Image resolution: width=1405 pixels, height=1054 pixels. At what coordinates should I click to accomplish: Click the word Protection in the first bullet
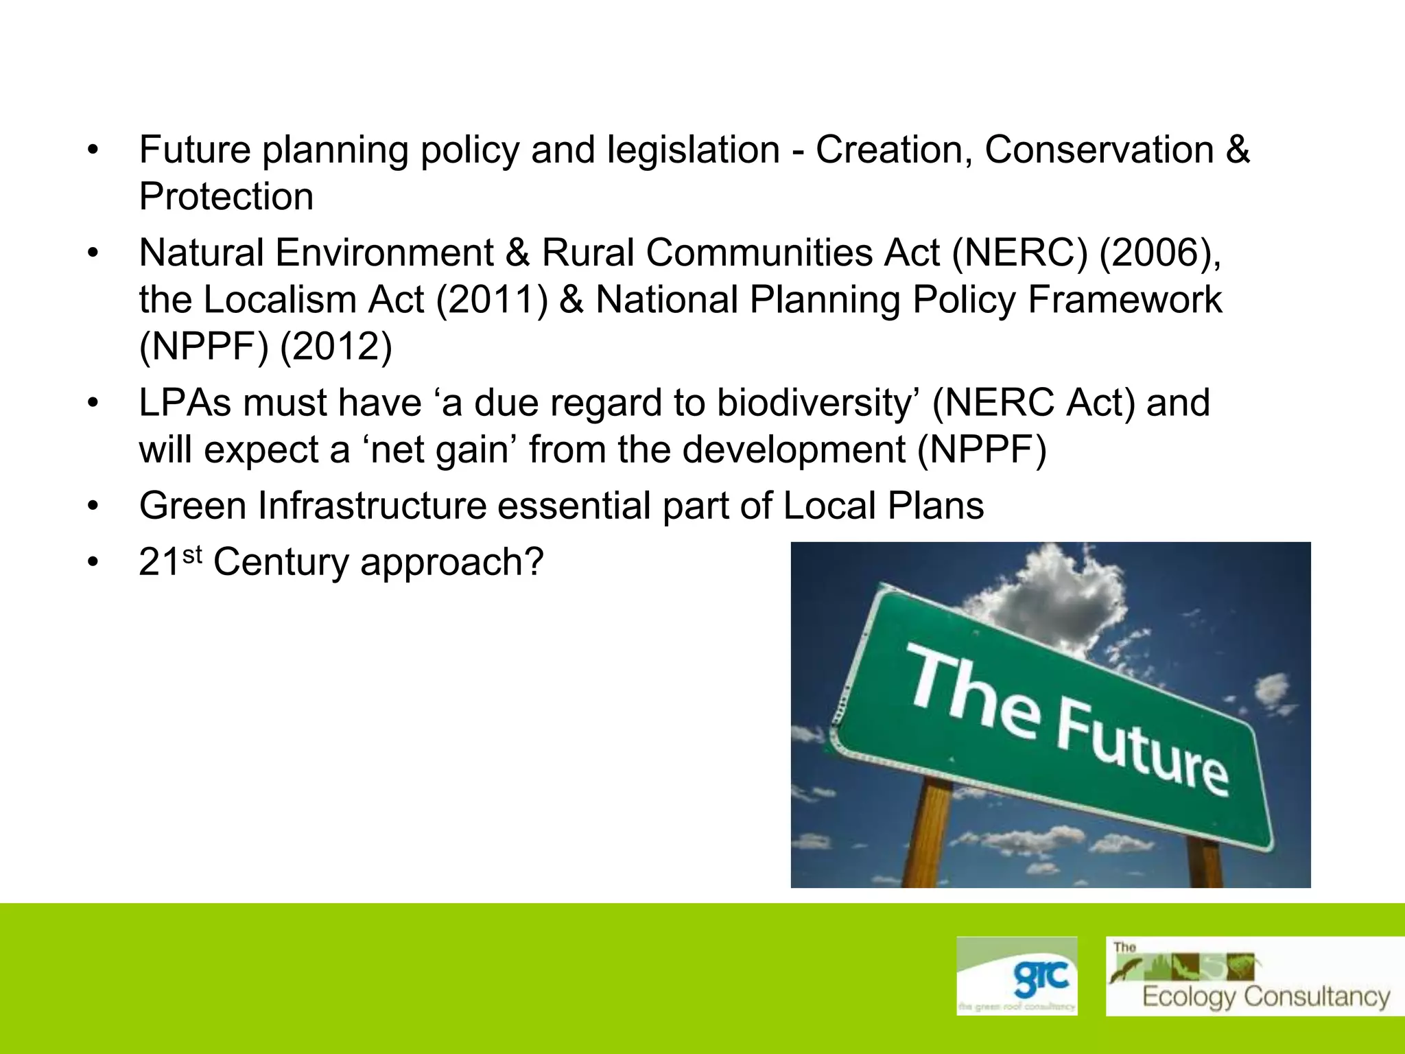(x=226, y=197)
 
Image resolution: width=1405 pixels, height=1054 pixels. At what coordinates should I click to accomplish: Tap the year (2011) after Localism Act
(x=492, y=301)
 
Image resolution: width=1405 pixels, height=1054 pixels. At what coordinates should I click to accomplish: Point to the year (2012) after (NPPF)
(x=336, y=347)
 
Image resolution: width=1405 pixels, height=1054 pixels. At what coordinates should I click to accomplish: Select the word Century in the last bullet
(x=281, y=563)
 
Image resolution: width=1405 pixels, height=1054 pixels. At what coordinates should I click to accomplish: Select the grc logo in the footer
(x=1017, y=976)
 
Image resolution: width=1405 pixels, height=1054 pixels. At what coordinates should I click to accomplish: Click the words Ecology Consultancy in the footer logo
(x=1266, y=996)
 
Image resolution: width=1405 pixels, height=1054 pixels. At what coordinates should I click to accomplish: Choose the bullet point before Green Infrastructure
(x=93, y=507)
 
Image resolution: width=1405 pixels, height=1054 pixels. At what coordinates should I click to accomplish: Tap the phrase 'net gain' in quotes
(x=438, y=450)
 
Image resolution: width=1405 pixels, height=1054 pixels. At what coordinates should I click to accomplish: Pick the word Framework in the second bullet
(x=1124, y=301)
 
